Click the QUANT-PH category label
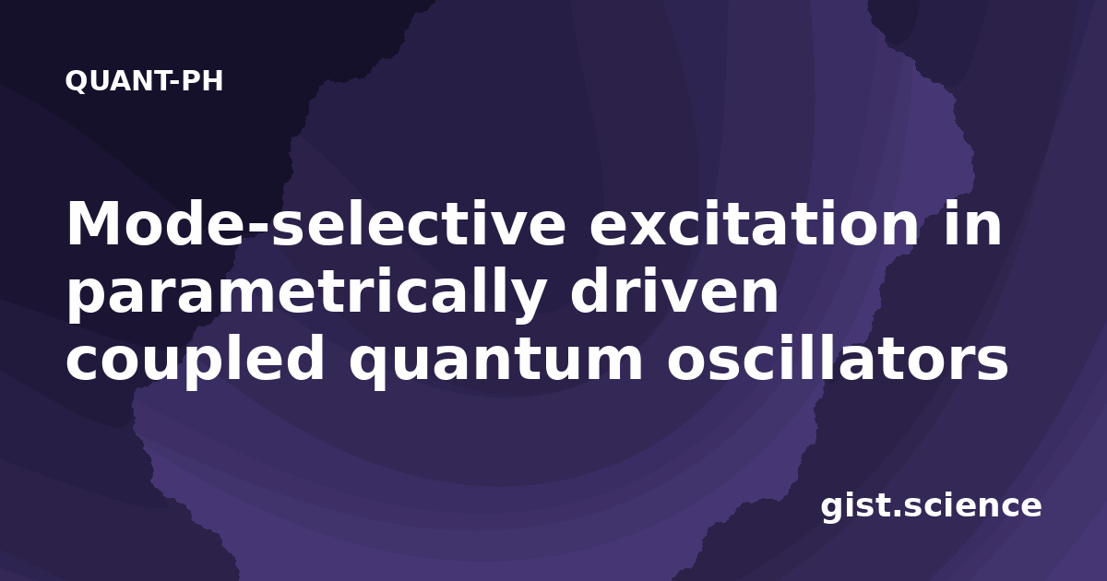pyautogui.click(x=144, y=81)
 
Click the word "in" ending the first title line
pyautogui.click(x=972, y=223)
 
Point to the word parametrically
pyautogui.click(x=305, y=296)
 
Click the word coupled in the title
pyautogui.click(x=196, y=360)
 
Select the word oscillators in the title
pyautogui.click(x=838, y=358)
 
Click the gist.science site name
pyautogui.click(x=931, y=506)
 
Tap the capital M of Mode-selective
pyautogui.click(x=92, y=223)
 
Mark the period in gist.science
pyautogui.click(x=898, y=513)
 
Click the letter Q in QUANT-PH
pyautogui.click(x=77, y=81)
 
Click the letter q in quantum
pyautogui.click(x=370, y=368)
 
